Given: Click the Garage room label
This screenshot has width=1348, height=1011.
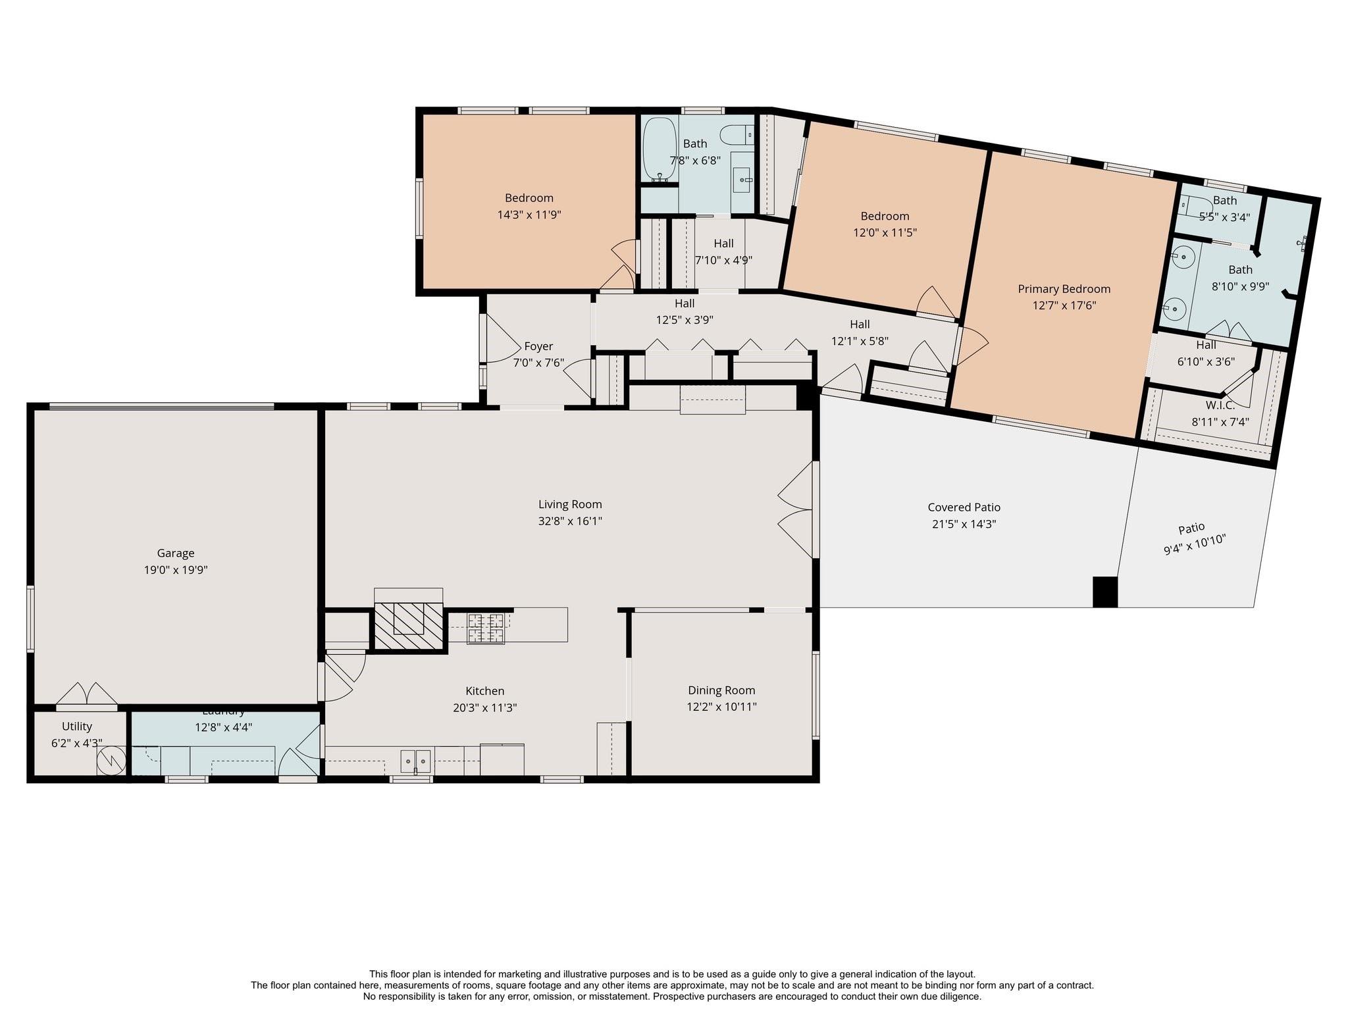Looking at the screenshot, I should click(175, 553).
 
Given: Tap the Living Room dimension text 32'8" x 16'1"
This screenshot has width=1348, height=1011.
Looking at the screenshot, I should click(569, 521).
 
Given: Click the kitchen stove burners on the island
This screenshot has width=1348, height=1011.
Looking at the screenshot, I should click(486, 628).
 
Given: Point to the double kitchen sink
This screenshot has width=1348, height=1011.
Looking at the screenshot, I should click(415, 761).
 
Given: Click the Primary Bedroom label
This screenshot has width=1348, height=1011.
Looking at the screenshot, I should click(1064, 289).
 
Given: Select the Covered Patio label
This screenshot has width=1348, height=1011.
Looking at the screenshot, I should click(964, 507).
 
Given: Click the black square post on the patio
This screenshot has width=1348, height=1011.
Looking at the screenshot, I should click(1104, 592).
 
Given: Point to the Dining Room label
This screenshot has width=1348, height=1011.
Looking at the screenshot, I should click(721, 690).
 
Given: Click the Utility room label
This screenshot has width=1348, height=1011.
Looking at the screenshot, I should click(77, 727).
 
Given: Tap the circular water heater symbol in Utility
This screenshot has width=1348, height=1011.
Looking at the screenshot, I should click(110, 762).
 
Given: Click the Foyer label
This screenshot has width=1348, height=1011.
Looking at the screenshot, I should click(538, 346).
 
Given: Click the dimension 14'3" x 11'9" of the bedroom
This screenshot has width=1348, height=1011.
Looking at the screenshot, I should click(529, 215).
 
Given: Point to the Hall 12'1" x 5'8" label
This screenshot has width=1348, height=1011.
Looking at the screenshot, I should click(860, 324).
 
